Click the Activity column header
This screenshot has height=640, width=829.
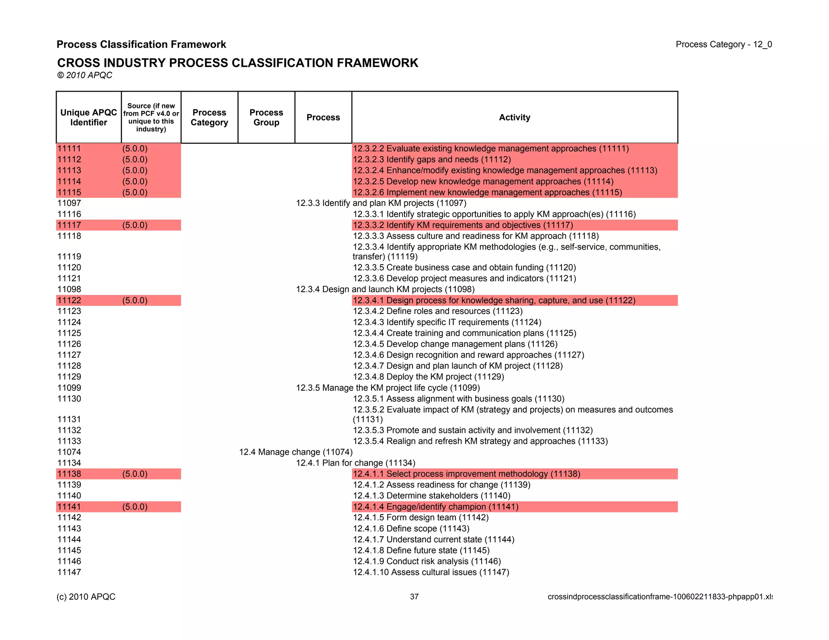pyautogui.click(x=514, y=117)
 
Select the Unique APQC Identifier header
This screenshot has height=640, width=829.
pyautogui.click(x=89, y=117)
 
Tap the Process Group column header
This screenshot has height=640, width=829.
pyautogui.click(x=266, y=117)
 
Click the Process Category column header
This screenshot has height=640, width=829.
pyautogui.click(x=209, y=117)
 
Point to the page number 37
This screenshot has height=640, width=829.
pyautogui.click(x=414, y=597)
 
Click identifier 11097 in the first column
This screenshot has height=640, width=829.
pyautogui.click(x=69, y=203)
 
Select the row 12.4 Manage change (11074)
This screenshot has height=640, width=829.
pyautogui.click(x=295, y=452)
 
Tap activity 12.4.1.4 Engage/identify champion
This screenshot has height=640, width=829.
pyautogui.click(x=435, y=507)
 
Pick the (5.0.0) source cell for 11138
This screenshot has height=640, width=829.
pyautogui.click(x=135, y=474)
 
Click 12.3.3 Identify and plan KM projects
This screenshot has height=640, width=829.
pyautogui.click(x=381, y=203)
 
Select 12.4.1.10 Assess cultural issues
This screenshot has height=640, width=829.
pyautogui.click(x=431, y=572)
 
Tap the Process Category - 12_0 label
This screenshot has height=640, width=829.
pyautogui.click(x=723, y=45)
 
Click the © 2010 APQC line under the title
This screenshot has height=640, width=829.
pyautogui.click(x=85, y=75)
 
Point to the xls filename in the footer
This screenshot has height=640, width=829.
pyautogui.click(x=659, y=597)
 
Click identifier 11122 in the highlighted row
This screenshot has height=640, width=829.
pyautogui.click(x=69, y=300)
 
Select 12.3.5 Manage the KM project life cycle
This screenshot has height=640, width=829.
pyautogui.click(x=387, y=388)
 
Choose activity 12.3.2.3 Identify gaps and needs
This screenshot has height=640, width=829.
pyautogui.click(x=432, y=159)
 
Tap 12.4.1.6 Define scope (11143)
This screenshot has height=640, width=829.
pyautogui.click(x=411, y=529)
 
